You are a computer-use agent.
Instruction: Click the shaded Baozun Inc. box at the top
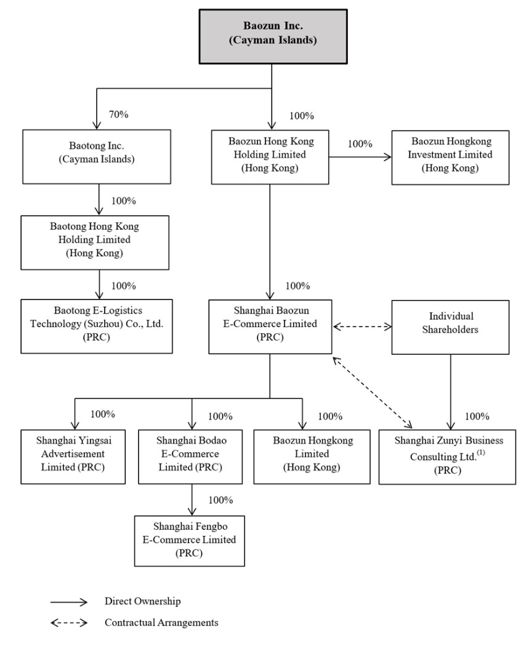coord(273,37)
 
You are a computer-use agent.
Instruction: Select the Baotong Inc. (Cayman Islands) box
coord(97,156)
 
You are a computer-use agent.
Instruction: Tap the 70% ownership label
coord(119,115)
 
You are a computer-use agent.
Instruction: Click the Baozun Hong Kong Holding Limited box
coord(270,157)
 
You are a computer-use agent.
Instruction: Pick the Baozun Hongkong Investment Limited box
coord(450,158)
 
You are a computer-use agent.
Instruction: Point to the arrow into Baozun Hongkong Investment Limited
coord(360,157)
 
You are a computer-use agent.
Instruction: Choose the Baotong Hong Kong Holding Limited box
coord(95,242)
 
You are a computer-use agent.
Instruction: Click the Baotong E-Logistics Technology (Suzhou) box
coord(97,326)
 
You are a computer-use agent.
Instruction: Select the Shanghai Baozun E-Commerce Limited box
coord(270,327)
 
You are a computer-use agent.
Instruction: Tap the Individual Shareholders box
coord(450,327)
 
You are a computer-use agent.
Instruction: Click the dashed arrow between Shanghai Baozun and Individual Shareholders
coord(362,327)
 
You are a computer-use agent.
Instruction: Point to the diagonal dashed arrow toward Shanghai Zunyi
coord(373,392)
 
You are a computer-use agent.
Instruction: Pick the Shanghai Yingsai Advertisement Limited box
coord(73,456)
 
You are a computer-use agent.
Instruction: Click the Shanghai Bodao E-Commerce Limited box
coord(190,456)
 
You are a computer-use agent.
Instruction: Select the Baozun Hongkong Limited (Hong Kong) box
coord(312,456)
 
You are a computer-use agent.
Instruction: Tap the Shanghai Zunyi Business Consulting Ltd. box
coord(447,457)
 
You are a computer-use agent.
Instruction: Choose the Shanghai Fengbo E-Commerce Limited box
coord(190,541)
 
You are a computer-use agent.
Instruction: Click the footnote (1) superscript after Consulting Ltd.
coord(481,453)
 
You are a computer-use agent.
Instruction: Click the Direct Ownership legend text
coord(142,601)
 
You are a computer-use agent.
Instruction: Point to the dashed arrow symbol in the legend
coord(69,623)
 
